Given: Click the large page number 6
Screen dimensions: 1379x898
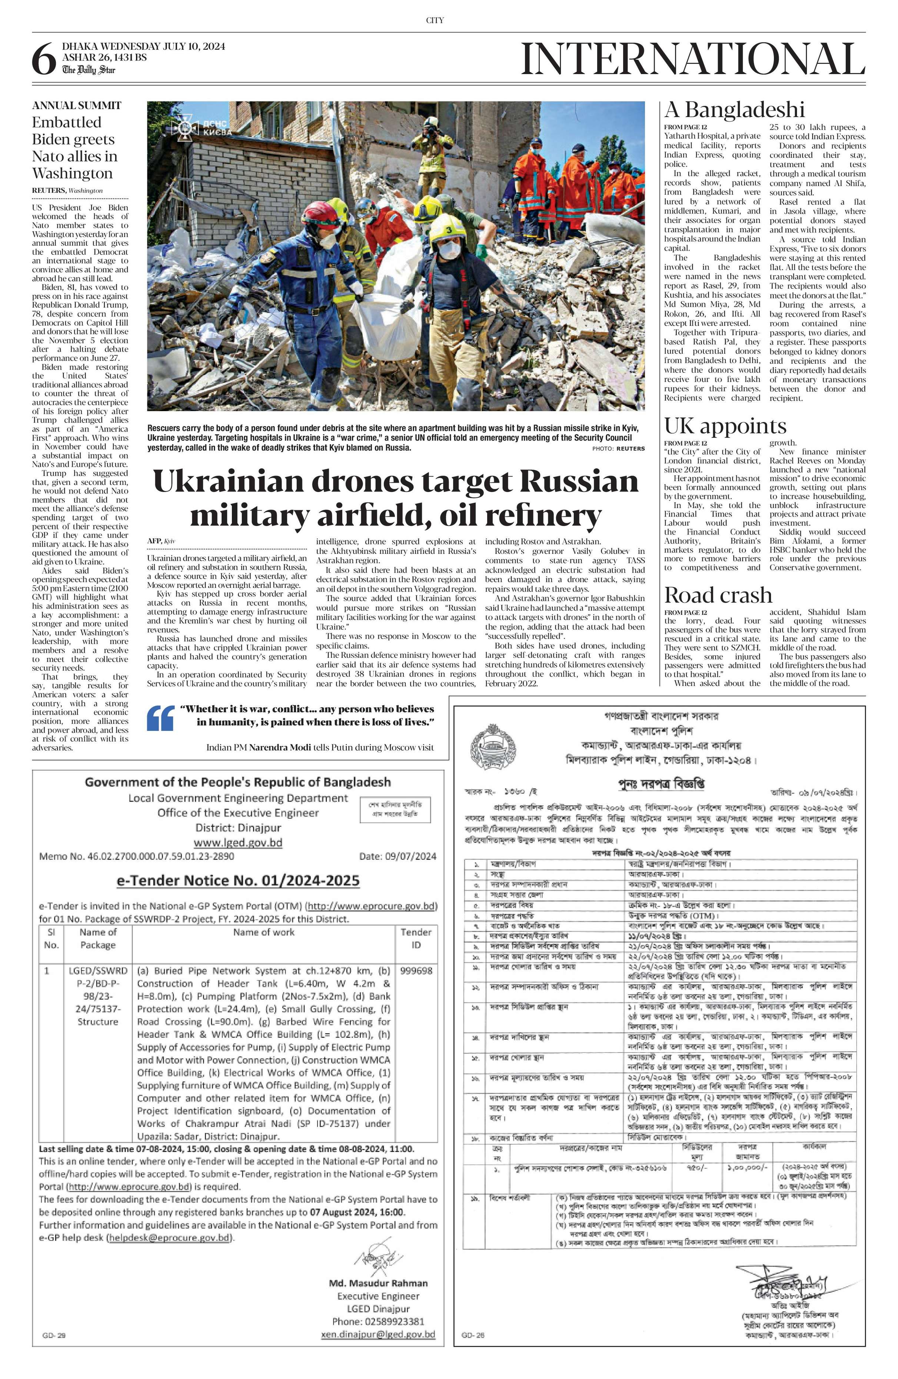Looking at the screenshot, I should (x=44, y=60).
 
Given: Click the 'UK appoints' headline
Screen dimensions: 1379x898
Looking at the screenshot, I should (x=725, y=426).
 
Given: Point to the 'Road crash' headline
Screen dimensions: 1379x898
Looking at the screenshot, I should (x=718, y=596).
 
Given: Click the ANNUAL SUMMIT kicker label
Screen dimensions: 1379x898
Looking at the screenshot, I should (x=76, y=106).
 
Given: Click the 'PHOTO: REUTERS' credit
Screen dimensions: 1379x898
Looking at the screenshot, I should (x=618, y=449).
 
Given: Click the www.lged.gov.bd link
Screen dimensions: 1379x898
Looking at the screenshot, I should (x=237, y=842).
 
